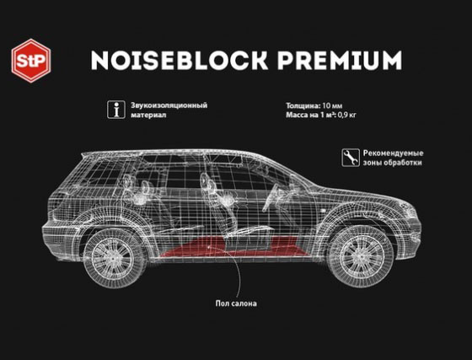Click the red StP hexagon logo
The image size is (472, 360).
point(31,61)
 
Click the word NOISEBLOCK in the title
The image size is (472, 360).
point(180,60)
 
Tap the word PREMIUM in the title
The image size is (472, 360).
point(340,60)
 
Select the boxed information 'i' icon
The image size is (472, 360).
point(116,110)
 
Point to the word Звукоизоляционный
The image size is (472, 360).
point(169,105)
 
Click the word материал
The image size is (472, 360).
point(148,115)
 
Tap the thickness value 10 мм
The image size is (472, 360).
point(332,105)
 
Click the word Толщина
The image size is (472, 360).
point(302,105)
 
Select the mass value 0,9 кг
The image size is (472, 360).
point(346,115)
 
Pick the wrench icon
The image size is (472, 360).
point(351,158)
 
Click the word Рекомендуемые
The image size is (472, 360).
point(393,153)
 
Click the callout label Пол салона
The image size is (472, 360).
point(236,304)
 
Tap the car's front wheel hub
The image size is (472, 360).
point(360,257)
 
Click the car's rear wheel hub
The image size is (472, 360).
point(114,258)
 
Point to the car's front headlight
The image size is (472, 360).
point(407,207)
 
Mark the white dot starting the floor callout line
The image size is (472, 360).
point(210,247)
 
